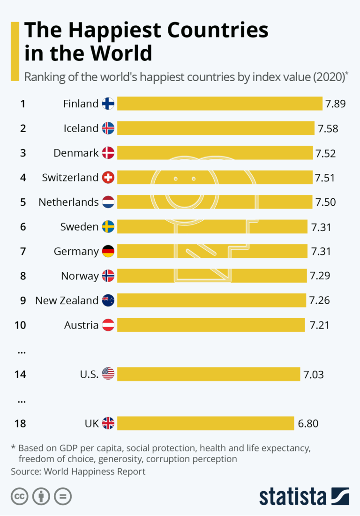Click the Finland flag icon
[108, 104]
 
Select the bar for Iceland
[216, 128]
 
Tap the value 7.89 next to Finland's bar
[336, 104]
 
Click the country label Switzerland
[70, 178]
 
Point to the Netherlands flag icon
[108, 202]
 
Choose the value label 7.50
[325, 202]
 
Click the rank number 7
[23, 251]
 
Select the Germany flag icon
[108, 251]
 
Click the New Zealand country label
[67, 300]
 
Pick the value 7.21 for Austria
[319, 325]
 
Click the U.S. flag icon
[108, 374]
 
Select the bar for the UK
[205, 424]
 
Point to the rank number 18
[20, 424]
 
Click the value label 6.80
[308, 424]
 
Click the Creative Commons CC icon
[20, 496]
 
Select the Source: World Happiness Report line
[78, 471]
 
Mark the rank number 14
[20, 374]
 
